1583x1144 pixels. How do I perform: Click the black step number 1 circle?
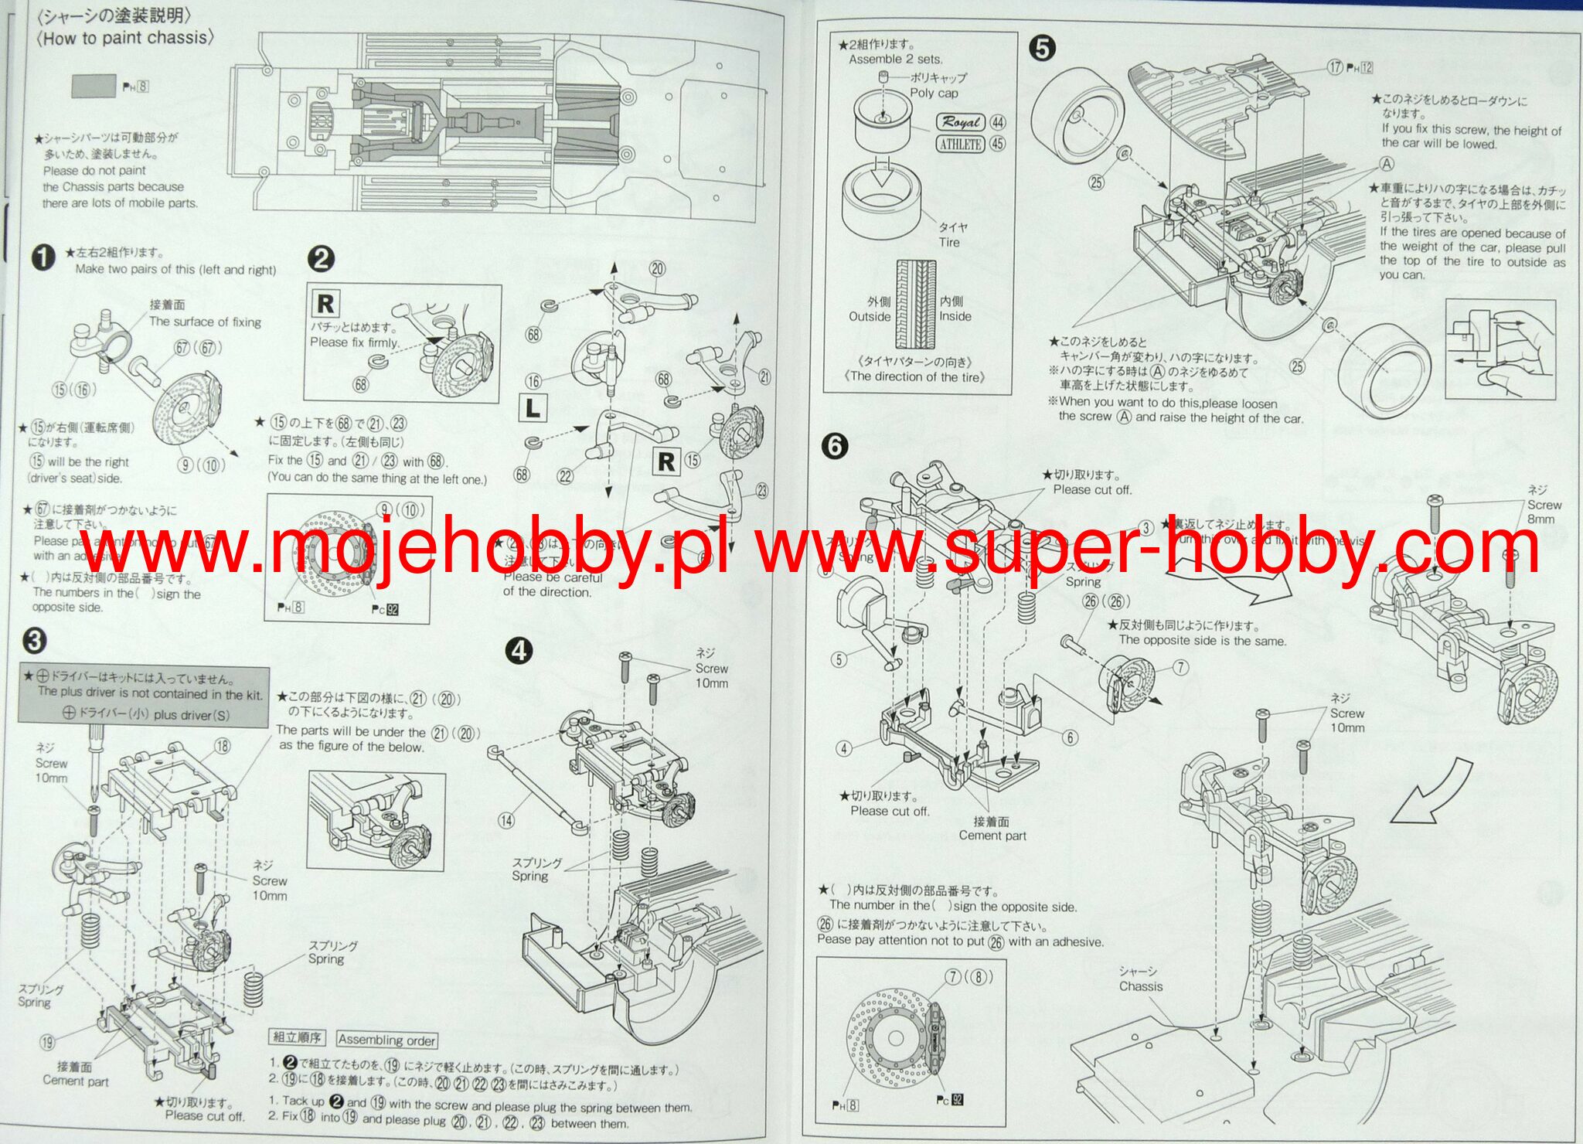[x=43, y=257]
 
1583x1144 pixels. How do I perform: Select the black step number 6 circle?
[x=835, y=446]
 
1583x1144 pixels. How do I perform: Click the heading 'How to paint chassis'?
[x=125, y=37]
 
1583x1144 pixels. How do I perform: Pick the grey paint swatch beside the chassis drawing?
[x=94, y=86]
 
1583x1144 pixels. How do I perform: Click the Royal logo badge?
[x=961, y=122]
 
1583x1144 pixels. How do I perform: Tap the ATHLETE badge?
[x=960, y=144]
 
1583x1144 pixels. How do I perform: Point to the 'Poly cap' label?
[x=933, y=93]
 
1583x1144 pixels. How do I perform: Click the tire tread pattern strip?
[x=916, y=305]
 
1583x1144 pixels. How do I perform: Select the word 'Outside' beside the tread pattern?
[x=870, y=316]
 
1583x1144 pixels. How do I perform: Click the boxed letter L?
[x=533, y=407]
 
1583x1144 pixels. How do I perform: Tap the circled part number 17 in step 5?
[x=1335, y=66]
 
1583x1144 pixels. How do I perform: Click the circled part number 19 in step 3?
[x=48, y=1041]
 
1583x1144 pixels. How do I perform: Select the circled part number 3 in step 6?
[x=1146, y=528]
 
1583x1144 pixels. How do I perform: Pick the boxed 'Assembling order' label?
[x=386, y=1040]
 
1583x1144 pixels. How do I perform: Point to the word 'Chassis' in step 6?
[x=1140, y=986]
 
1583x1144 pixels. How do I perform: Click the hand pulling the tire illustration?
[x=1500, y=348]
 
